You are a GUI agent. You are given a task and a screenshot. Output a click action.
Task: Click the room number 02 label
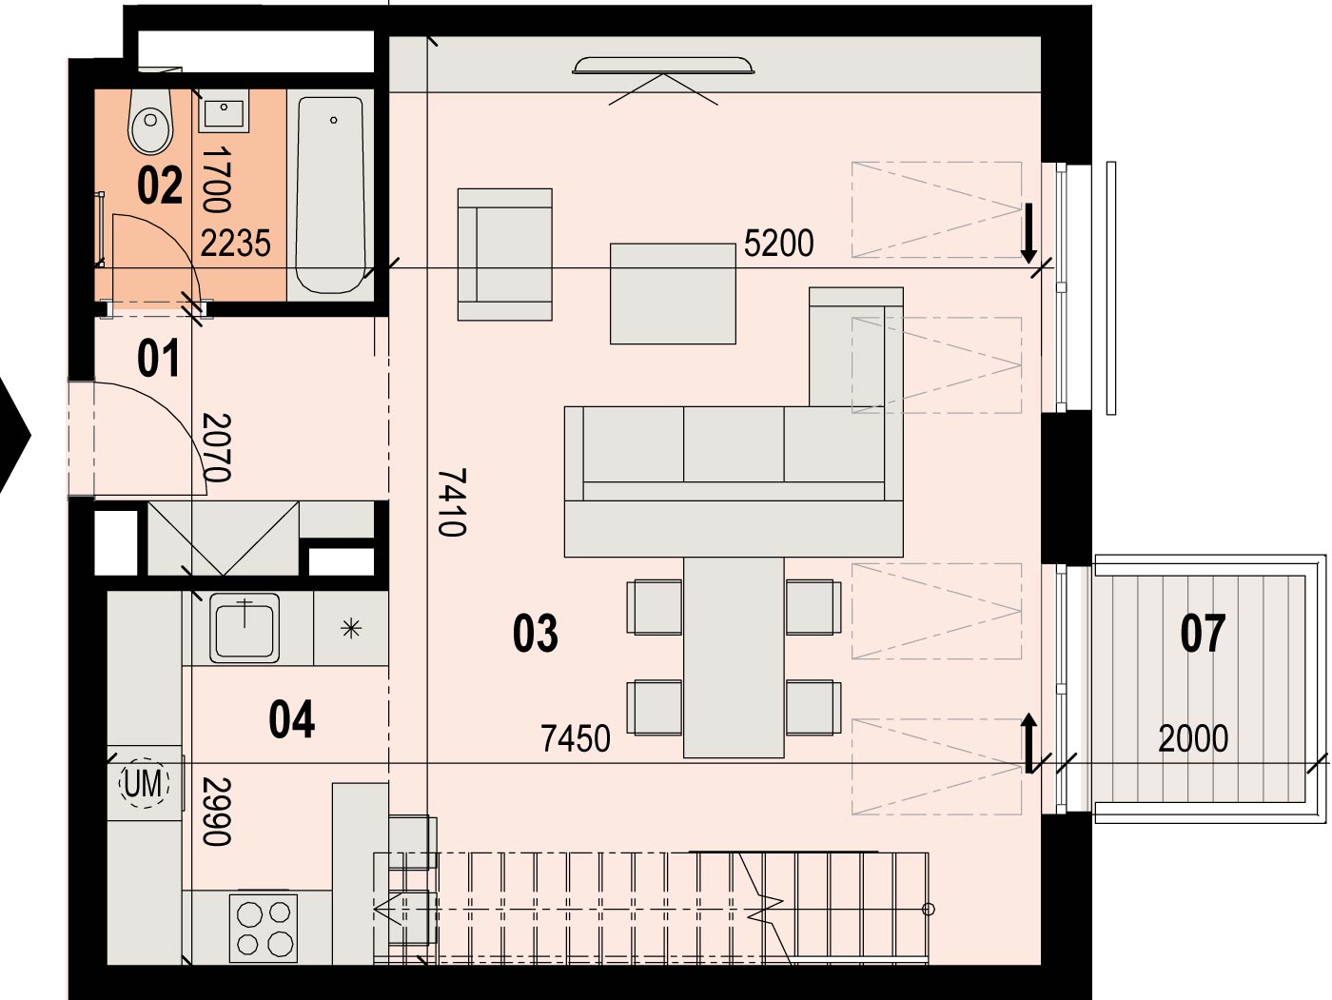160,186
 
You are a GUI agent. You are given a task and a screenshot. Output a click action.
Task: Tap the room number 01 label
158,358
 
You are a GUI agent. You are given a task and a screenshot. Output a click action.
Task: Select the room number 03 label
535,634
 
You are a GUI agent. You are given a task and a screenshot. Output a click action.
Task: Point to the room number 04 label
291,719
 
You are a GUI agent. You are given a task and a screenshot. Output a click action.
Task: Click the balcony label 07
1203,634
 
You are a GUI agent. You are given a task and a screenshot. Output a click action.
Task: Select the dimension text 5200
778,244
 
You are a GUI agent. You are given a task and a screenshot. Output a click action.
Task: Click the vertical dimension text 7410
452,502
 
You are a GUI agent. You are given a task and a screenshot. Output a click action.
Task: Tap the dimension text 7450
576,738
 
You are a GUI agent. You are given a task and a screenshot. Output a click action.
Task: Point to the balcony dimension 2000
1193,738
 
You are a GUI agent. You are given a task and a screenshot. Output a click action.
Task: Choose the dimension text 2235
235,244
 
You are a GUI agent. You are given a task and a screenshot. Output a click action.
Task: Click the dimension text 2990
216,812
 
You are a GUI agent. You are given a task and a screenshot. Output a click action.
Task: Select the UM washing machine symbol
144,783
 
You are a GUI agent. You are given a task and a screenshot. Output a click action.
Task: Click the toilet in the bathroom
150,122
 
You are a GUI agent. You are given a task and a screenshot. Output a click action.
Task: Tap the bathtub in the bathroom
331,195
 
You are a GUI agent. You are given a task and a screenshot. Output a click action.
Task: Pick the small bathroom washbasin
224,111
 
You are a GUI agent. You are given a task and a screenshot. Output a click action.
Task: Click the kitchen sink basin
245,627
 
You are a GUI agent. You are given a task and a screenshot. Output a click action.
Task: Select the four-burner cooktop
264,928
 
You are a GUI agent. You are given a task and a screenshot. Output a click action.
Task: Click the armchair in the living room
505,254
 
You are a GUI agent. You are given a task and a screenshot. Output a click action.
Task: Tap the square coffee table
673,294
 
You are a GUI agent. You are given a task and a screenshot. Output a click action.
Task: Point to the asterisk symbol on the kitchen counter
351,629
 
